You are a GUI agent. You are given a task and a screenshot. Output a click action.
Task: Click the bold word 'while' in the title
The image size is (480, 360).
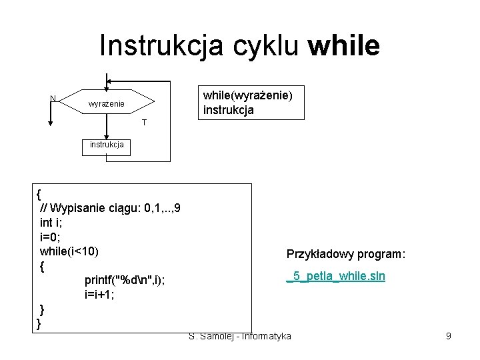(345, 46)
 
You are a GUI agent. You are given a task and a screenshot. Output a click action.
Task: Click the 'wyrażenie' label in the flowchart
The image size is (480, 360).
(107, 105)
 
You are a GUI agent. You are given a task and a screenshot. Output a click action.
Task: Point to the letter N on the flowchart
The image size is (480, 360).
(53, 99)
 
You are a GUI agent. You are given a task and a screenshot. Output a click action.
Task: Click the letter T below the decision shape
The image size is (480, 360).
(144, 123)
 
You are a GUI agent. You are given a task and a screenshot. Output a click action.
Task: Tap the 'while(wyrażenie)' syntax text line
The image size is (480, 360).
(247, 95)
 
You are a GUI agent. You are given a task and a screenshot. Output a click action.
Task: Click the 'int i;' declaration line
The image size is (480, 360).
(52, 222)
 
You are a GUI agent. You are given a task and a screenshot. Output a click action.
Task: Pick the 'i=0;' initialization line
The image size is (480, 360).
(50, 237)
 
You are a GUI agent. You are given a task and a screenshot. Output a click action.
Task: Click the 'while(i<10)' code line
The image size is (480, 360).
(69, 251)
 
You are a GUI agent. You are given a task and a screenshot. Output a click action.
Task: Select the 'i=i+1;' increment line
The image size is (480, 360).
(99, 295)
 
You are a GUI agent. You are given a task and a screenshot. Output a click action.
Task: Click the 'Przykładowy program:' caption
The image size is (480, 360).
(346, 254)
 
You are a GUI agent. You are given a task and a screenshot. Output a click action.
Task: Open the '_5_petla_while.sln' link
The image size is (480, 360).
(335, 275)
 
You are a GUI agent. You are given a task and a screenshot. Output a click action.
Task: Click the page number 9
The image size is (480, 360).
(449, 336)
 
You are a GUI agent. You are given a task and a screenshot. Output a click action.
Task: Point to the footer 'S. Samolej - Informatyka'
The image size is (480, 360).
(240, 336)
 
